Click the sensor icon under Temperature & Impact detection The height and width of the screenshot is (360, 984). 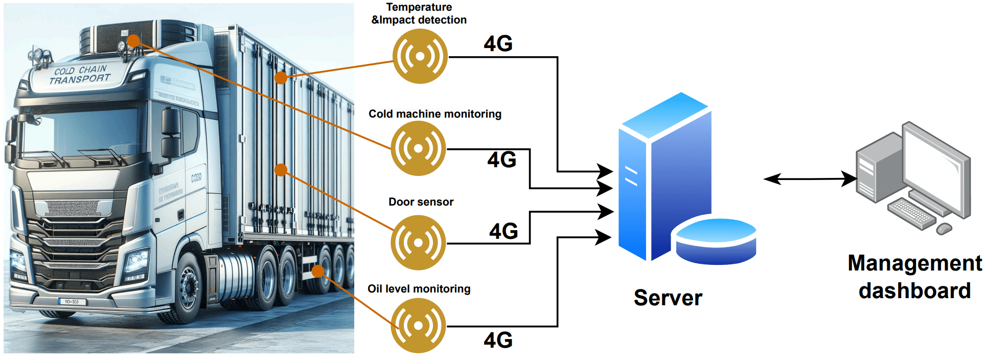[420, 56]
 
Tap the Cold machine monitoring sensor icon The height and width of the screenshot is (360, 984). [418, 149]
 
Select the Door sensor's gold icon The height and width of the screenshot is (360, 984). [418, 242]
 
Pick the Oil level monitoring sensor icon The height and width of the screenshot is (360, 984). [418, 326]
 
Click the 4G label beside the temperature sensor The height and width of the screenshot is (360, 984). [498, 43]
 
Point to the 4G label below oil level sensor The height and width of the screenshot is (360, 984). [498, 341]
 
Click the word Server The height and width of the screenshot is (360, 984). [668, 298]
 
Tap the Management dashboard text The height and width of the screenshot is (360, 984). [914, 277]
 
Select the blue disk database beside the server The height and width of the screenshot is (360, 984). [716, 241]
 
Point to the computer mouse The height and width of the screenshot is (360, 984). [944, 229]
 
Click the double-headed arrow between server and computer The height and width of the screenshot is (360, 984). [810, 179]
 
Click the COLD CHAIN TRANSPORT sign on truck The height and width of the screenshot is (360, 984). [80, 75]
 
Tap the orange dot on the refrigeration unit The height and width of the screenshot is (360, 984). [133, 40]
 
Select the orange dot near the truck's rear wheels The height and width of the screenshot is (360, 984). [318, 271]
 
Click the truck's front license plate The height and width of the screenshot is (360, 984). [72, 302]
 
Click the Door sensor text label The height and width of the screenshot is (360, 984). [421, 202]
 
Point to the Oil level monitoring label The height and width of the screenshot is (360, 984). [419, 289]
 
